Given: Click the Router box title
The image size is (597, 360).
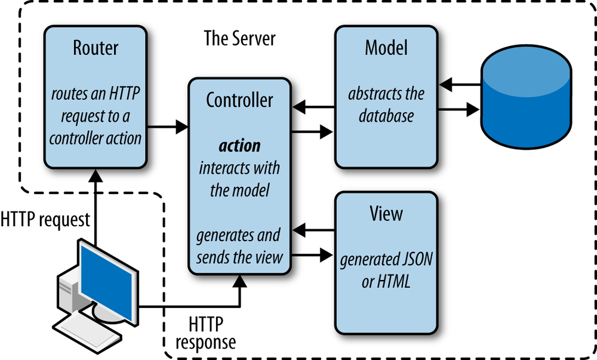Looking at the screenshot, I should coord(96,48).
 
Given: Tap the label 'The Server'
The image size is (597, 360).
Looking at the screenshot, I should coord(239,38).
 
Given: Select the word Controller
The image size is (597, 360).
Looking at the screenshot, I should coord(239,100).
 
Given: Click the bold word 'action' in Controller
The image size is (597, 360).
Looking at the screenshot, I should coord(239,145).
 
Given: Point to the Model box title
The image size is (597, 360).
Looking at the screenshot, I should coord(386,48).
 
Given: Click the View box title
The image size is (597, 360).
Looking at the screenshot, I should coord(386,213).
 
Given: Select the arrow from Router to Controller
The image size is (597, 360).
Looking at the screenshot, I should coord(167,126).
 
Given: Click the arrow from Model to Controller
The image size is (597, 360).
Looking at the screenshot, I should coord(314,107).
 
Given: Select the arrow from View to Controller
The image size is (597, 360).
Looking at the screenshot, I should coord(314,229).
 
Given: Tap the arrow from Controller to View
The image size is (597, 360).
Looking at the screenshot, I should coord(314,256).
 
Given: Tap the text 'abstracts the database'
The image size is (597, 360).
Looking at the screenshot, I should coord(386,104).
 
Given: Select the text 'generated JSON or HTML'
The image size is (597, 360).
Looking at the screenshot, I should coord(386,270).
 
